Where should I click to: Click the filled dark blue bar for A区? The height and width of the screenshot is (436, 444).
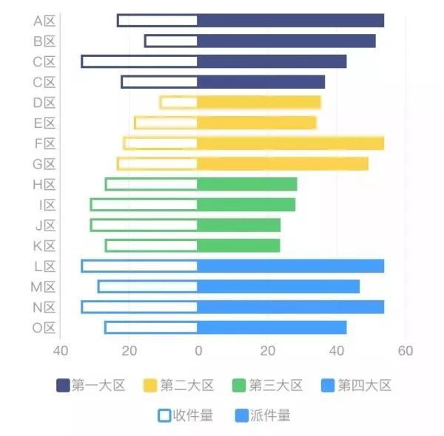coord(290,21)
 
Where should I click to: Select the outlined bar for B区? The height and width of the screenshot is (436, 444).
coord(171,41)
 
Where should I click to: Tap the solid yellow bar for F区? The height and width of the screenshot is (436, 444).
coord(290,143)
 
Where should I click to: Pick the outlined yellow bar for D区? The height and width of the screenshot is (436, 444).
coord(178,103)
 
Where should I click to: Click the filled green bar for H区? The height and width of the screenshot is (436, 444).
coord(246,184)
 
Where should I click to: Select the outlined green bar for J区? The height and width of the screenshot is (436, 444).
coord(144,225)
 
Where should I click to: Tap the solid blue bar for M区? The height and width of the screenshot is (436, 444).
coord(278,287)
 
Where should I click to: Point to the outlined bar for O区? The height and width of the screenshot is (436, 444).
coord(151,327)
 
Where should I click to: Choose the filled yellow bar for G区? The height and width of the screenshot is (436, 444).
coord(283,164)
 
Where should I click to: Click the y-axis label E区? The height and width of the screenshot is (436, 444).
coord(44,123)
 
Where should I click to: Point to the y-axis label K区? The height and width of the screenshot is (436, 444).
coord(44,246)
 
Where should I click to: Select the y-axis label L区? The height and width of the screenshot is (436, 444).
coord(44,266)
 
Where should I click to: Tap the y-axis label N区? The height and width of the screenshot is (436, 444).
coord(44,307)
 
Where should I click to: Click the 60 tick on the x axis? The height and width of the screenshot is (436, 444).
coord(405,351)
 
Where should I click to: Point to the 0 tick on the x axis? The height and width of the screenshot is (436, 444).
coord(198,351)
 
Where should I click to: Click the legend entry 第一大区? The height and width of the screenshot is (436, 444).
coord(91,385)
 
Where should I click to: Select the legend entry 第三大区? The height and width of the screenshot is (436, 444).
coord(268,385)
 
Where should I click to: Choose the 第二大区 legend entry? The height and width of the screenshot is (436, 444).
coord(179,385)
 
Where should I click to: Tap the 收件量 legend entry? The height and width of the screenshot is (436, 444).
coord(186,416)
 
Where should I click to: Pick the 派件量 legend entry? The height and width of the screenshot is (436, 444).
coord(263,416)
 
